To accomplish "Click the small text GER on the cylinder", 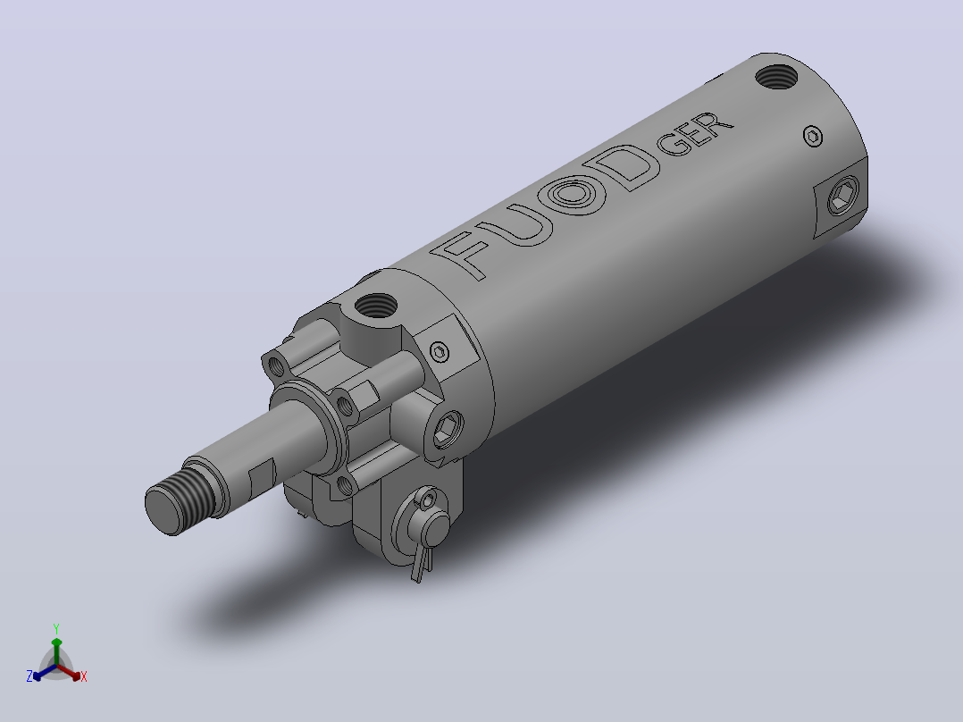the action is click(x=695, y=134).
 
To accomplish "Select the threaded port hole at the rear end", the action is click(x=776, y=77).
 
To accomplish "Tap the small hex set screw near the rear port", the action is click(x=813, y=137).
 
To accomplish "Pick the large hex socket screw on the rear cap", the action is click(x=842, y=196).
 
